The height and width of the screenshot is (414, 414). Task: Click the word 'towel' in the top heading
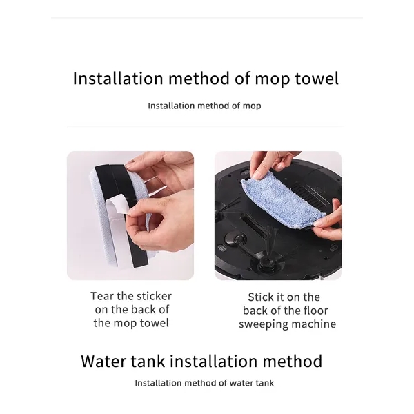point(317,79)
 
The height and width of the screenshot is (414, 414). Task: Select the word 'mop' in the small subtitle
point(252,106)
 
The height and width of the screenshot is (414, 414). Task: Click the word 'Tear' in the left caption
point(102,296)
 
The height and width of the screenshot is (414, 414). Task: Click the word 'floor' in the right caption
point(315,310)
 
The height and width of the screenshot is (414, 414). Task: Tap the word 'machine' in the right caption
point(313,324)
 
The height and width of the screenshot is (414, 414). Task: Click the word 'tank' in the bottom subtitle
point(265,383)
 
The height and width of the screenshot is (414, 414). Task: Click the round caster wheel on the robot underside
point(235,239)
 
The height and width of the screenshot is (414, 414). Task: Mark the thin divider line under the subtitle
point(205,126)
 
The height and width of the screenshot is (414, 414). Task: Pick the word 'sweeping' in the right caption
point(262,324)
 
